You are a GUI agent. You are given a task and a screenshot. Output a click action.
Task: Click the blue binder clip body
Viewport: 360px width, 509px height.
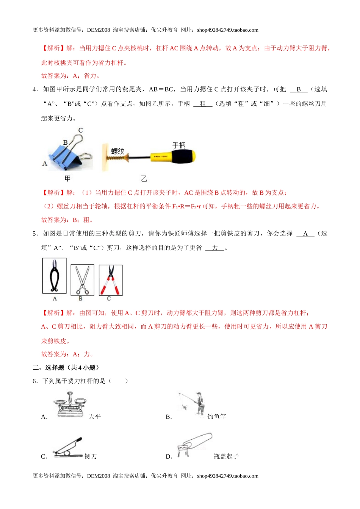tap(66, 157)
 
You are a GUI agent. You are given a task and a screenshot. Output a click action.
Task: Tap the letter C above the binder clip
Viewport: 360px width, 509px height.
tap(80, 130)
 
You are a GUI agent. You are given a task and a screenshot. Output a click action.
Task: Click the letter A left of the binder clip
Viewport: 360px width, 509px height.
tap(45, 164)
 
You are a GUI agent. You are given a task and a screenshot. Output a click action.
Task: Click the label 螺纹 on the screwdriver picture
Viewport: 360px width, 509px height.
tap(118, 151)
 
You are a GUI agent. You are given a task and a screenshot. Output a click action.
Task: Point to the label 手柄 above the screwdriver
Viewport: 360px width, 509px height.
tap(179, 145)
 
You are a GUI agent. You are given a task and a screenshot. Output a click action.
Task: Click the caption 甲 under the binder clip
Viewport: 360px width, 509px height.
tap(67, 178)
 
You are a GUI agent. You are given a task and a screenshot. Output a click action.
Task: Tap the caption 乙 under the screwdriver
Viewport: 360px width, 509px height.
tap(144, 179)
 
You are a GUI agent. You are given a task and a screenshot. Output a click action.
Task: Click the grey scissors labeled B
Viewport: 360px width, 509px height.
tap(82, 279)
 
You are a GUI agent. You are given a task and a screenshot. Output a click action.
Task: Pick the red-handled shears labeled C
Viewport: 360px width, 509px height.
tap(110, 280)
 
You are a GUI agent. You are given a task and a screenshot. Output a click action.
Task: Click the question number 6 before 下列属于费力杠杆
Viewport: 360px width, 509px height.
tap(34, 381)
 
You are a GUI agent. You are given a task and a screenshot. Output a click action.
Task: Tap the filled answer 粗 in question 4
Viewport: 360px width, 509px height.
tap(203, 104)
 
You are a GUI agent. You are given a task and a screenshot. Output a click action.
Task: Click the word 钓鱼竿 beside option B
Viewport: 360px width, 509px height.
tap(217, 417)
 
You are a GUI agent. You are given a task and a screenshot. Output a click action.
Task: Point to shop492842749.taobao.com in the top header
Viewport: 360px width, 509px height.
tap(228, 30)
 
